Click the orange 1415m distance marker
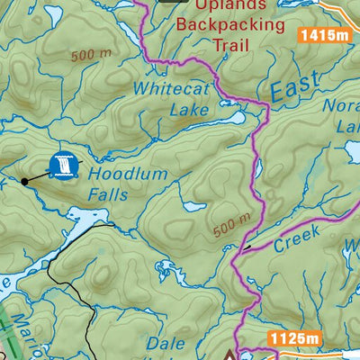[x=325, y=36]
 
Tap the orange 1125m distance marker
[x=293, y=338]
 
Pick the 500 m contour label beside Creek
[x=232, y=227]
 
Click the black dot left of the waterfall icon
[x=24, y=180]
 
